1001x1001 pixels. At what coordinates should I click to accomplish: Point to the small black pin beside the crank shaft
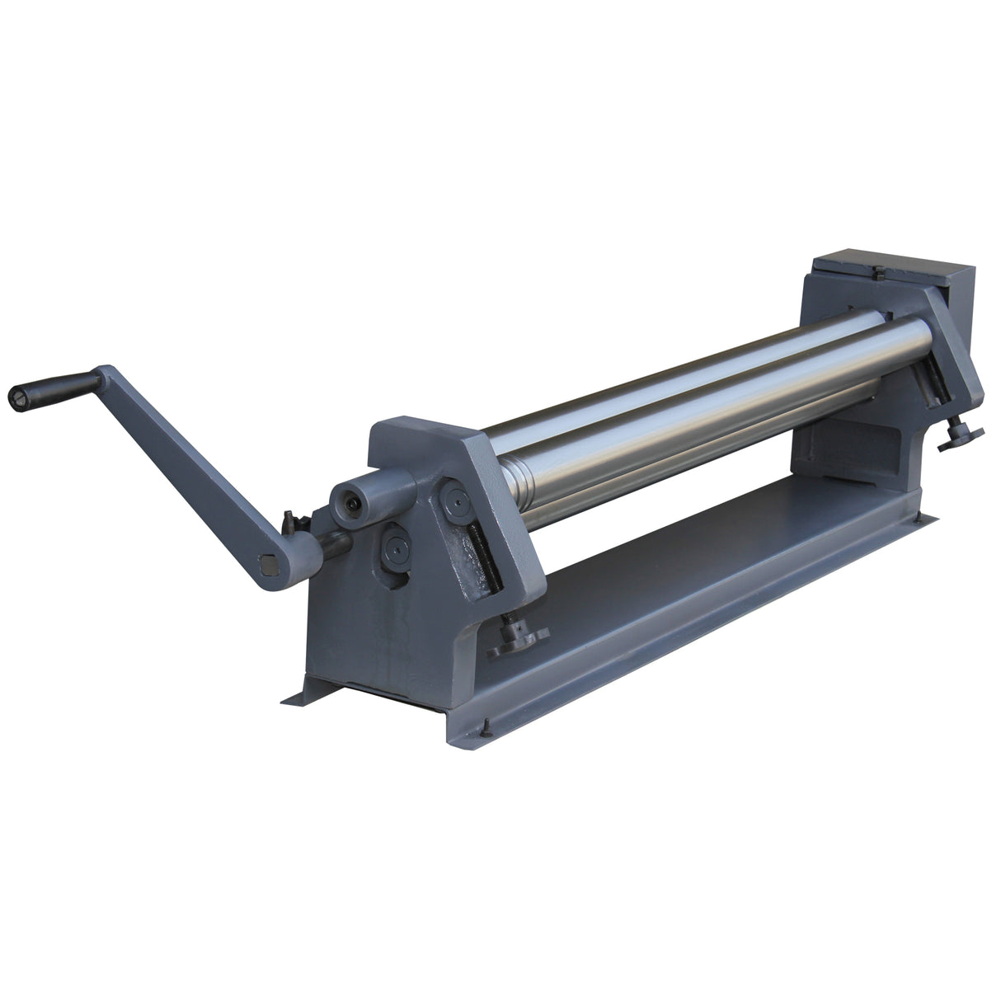pos(289,521)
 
